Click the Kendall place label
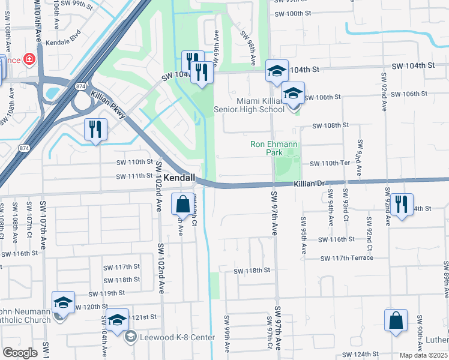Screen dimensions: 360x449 click(x=180, y=178)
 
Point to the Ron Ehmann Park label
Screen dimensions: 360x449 click(x=274, y=149)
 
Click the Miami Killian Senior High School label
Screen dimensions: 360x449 click(x=261, y=105)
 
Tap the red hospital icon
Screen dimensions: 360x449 click(x=29, y=60)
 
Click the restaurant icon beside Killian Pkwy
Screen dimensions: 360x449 click(x=96, y=130)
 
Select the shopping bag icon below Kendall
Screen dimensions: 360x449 click(x=182, y=205)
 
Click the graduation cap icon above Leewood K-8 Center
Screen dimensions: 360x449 click(x=118, y=319)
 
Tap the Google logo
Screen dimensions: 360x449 click(x=20, y=353)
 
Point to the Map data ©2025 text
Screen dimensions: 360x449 click(x=424, y=355)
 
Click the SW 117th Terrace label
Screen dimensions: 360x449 click(x=347, y=258)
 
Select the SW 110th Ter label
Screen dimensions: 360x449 click(x=330, y=163)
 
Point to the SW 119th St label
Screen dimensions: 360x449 click(x=106, y=293)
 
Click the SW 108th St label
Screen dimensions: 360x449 click(x=331, y=125)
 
